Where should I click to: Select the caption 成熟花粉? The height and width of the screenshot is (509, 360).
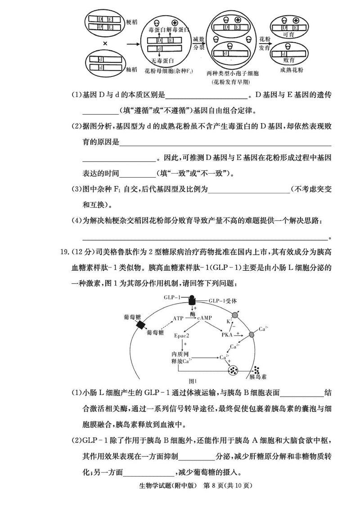pyautogui.click(x=291, y=70)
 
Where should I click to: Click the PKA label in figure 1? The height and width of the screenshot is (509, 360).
pyautogui.click(x=227, y=335)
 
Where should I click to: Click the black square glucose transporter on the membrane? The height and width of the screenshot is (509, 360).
pyautogui.click(x=144, y=325)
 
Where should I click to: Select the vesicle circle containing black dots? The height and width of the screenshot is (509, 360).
pyautogui.click(x=234, y=371)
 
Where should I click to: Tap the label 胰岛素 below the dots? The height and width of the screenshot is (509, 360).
pyautogui.click(x=258, y=376)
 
